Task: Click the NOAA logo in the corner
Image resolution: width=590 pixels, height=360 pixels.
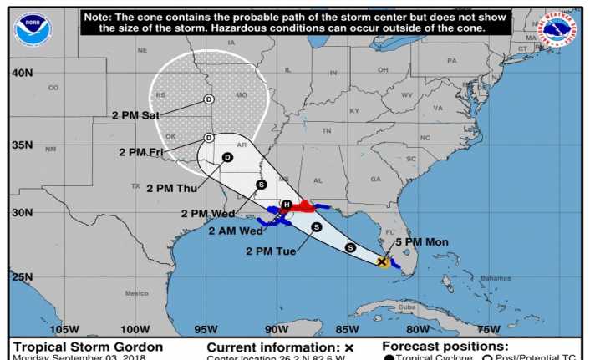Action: click(x=33, y=30)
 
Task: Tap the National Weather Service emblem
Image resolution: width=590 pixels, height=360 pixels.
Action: click(x=559, y=30)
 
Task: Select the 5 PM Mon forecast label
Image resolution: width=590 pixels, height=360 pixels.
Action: click(x=423, y=242)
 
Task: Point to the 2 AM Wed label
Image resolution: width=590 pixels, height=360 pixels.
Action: click(x=235, y=231)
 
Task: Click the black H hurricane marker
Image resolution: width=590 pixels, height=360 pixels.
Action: click(x=286, y=205)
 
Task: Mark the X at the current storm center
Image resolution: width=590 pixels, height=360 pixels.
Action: click(x=382, y=261)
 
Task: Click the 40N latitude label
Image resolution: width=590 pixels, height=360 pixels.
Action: click(x=22, y=73)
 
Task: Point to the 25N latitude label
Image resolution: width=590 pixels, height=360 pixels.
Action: click(x=22, y=277)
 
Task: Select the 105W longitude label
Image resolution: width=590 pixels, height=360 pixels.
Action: click(x=64, y=328)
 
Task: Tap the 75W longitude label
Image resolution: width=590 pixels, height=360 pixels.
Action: click(x=490, y=328)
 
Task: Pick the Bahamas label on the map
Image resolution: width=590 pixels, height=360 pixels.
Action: click(x=496, y=277)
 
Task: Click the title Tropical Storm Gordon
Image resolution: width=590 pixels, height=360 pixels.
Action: click(x=87, y=347)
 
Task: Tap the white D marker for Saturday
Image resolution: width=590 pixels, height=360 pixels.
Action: click(x=209, y=99)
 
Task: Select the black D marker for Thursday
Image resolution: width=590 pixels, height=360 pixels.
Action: click(x=226, y=156)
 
